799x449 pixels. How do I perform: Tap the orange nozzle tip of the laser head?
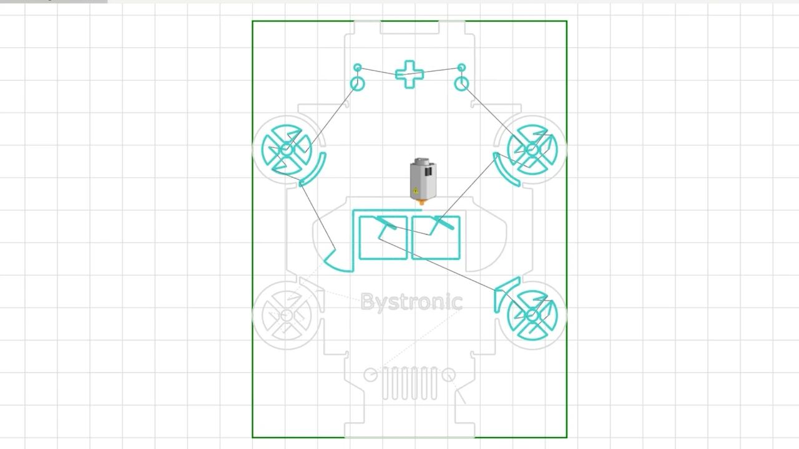(x=422, y=202)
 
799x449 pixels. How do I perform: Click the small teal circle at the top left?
(x=357, y=67)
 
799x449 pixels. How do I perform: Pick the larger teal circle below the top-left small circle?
(x=357, y=84)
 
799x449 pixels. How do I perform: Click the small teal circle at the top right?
(x=461, y=67)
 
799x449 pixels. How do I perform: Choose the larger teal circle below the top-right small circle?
(x=461, y=84)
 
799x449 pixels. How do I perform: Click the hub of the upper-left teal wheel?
(x=287, y=150)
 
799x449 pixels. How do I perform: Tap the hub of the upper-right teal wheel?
(x=532, y=150)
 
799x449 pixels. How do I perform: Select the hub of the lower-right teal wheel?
(x=532, y=316)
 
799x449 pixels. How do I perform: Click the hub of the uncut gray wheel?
(x=287, y=316)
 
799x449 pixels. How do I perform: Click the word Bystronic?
(x=411, y=302)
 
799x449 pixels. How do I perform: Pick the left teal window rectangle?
(x=383, y=238)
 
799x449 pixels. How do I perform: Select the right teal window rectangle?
(x=436, y=238)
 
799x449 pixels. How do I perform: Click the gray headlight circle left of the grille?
(x=370, y=375)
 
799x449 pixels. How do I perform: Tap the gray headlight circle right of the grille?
(x=448, y=375)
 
